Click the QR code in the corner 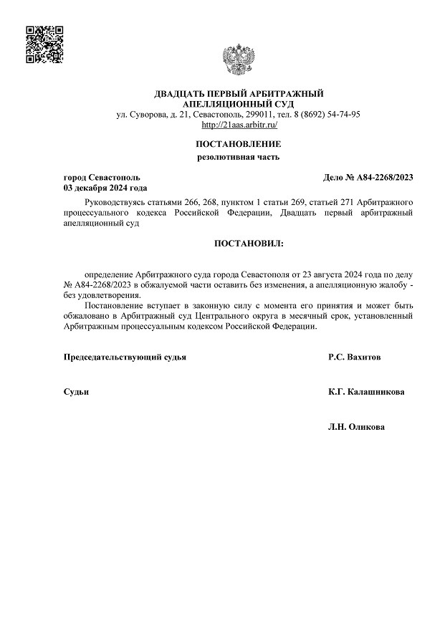[x=44, y=44]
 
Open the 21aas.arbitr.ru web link [x=239, y=125]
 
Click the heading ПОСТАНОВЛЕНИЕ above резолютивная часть [x=239, y=144]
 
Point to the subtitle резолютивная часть [x=239, y=157]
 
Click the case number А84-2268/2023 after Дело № [x=387, y=177]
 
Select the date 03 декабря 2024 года [x=105, y=188]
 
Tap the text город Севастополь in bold [x=102, y=177]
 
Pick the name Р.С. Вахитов [x=355, y=357]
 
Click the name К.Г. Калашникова [x=365, y=392]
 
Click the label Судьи [x=76, y=392]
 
